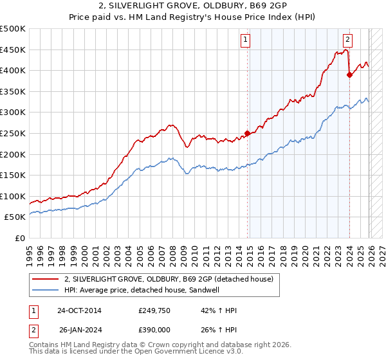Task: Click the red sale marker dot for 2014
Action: tap(247, 134)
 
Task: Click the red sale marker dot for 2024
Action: tap(349, 75)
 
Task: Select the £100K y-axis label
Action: tap(13, 196)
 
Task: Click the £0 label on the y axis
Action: tap(20, 238)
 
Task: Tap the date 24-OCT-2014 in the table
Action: tap(78, 310)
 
